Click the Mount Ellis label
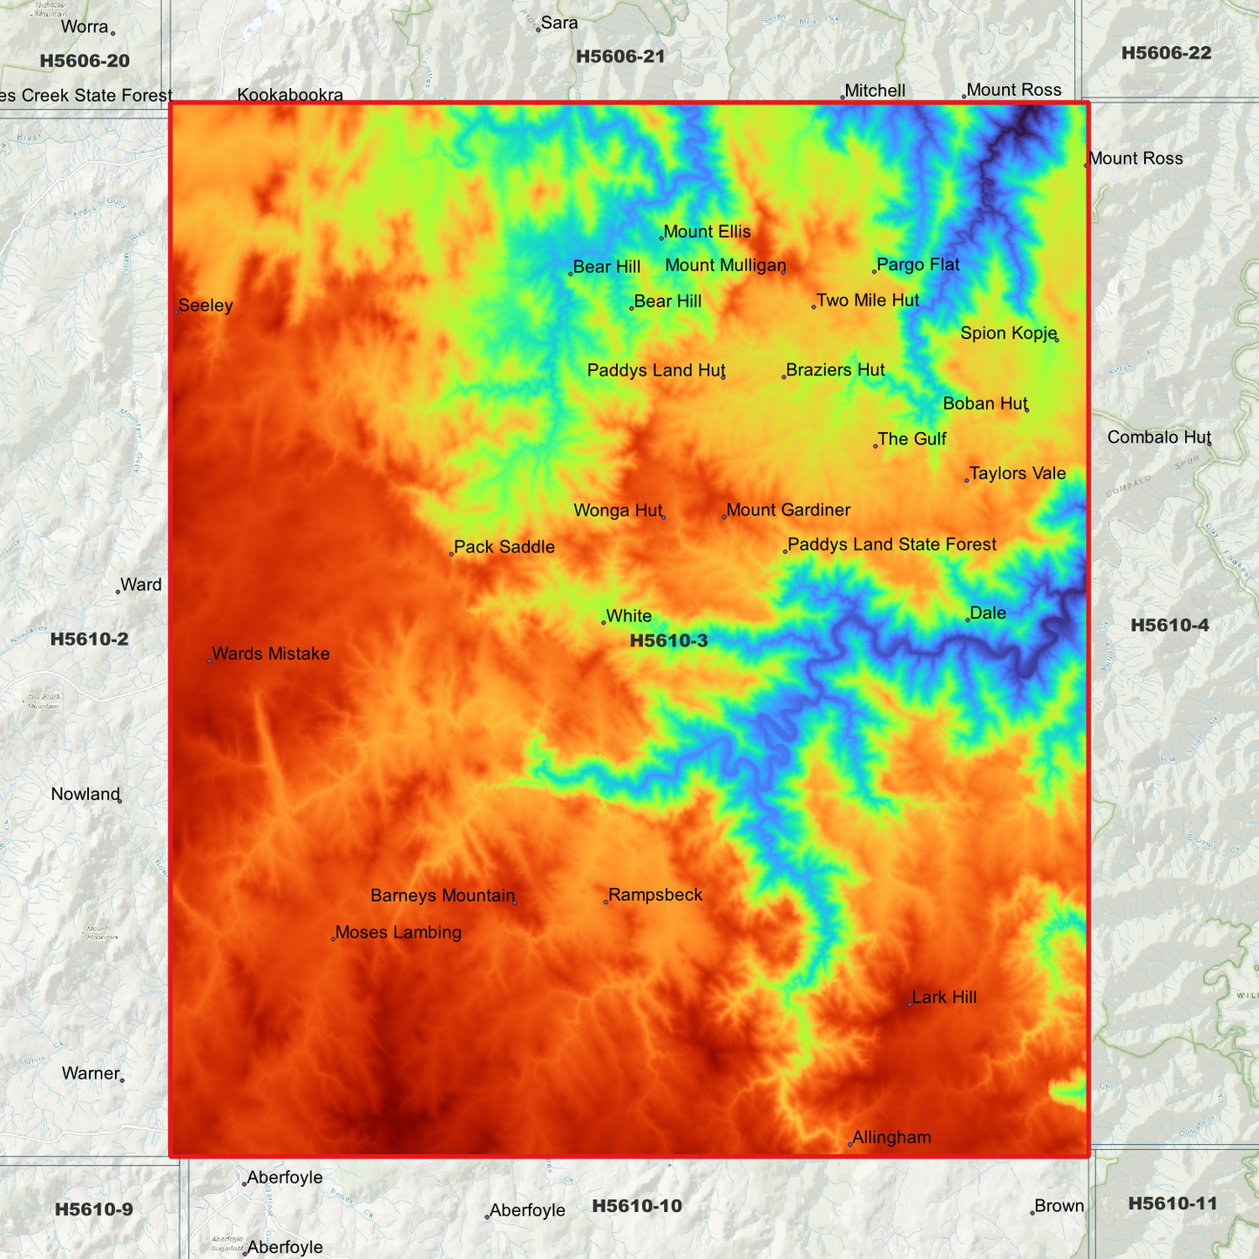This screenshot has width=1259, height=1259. coord(707,232)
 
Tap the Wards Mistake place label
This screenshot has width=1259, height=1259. coord(270,653)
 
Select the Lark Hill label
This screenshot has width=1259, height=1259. coord(944,998)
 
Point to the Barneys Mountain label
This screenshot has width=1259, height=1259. coord(443,896)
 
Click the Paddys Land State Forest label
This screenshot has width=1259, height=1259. coord(891,545)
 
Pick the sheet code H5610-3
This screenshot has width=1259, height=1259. coord(668,641)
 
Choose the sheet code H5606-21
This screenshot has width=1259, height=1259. coord(620,57)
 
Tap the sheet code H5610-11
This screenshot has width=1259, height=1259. coord(1172,1203)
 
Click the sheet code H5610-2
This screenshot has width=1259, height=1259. coord(89,639)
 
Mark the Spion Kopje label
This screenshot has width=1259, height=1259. coord(1008,333)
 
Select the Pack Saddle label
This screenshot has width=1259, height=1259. coord(504,547)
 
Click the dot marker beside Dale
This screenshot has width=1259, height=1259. coord(968,619)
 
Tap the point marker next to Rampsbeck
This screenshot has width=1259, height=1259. coord(606,902)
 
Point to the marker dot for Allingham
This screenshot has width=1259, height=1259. coord(850,1144)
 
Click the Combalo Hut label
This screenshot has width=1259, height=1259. coord(1159,437)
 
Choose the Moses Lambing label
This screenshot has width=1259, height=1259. coord(398,932)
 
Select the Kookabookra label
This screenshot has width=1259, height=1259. coord(290,95)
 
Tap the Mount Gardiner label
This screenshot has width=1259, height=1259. coord(788,510)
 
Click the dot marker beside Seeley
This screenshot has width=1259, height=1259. coord(176,312)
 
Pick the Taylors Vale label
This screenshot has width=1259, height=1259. coord(1017,473)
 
